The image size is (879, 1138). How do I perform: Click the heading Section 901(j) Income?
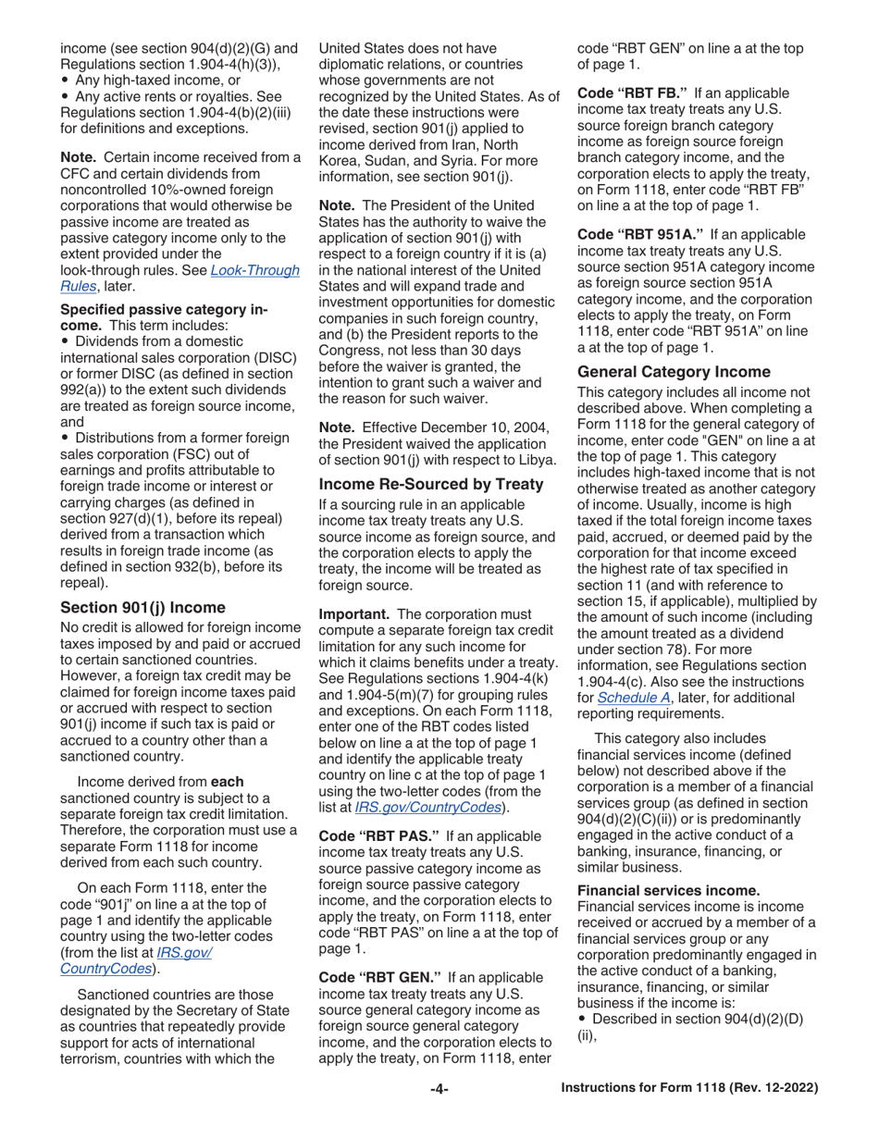click(x=142, y=607)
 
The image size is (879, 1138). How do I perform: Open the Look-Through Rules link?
click(x=180, y=278)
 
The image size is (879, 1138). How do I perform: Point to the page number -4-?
click(x=439, y=1089)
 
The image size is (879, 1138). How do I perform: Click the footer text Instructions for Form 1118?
click(x=690, y=1089)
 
